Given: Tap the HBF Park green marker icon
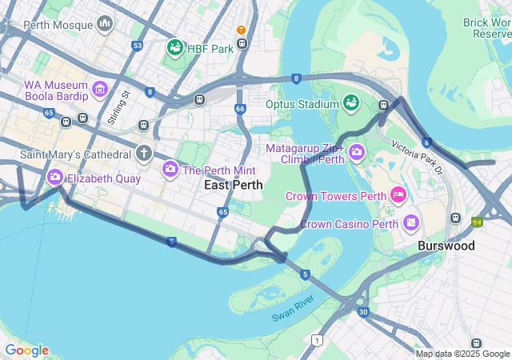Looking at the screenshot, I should tap(174, 48).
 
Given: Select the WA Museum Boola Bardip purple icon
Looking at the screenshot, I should tap(100, 88).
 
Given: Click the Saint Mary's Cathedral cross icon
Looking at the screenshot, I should tap(143, 153).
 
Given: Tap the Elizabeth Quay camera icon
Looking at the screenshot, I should tap(55, 178).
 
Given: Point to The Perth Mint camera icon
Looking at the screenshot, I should tap(170, 170).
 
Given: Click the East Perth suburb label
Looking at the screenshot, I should tap(233, 185).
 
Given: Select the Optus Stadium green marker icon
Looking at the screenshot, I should tap(350, 103).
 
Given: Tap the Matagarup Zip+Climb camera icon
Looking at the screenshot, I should tap(356, 152).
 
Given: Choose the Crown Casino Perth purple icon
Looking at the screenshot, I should tap(411, 222).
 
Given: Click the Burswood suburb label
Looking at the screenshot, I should tap(446, 246).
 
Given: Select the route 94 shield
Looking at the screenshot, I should tap(478, 222).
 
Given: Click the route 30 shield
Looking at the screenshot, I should tap(363, 312).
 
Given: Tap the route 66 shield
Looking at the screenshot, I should tap(240, 108).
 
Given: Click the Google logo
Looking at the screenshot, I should tap(26, 350).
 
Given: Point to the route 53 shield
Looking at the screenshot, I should tap(138, 46).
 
